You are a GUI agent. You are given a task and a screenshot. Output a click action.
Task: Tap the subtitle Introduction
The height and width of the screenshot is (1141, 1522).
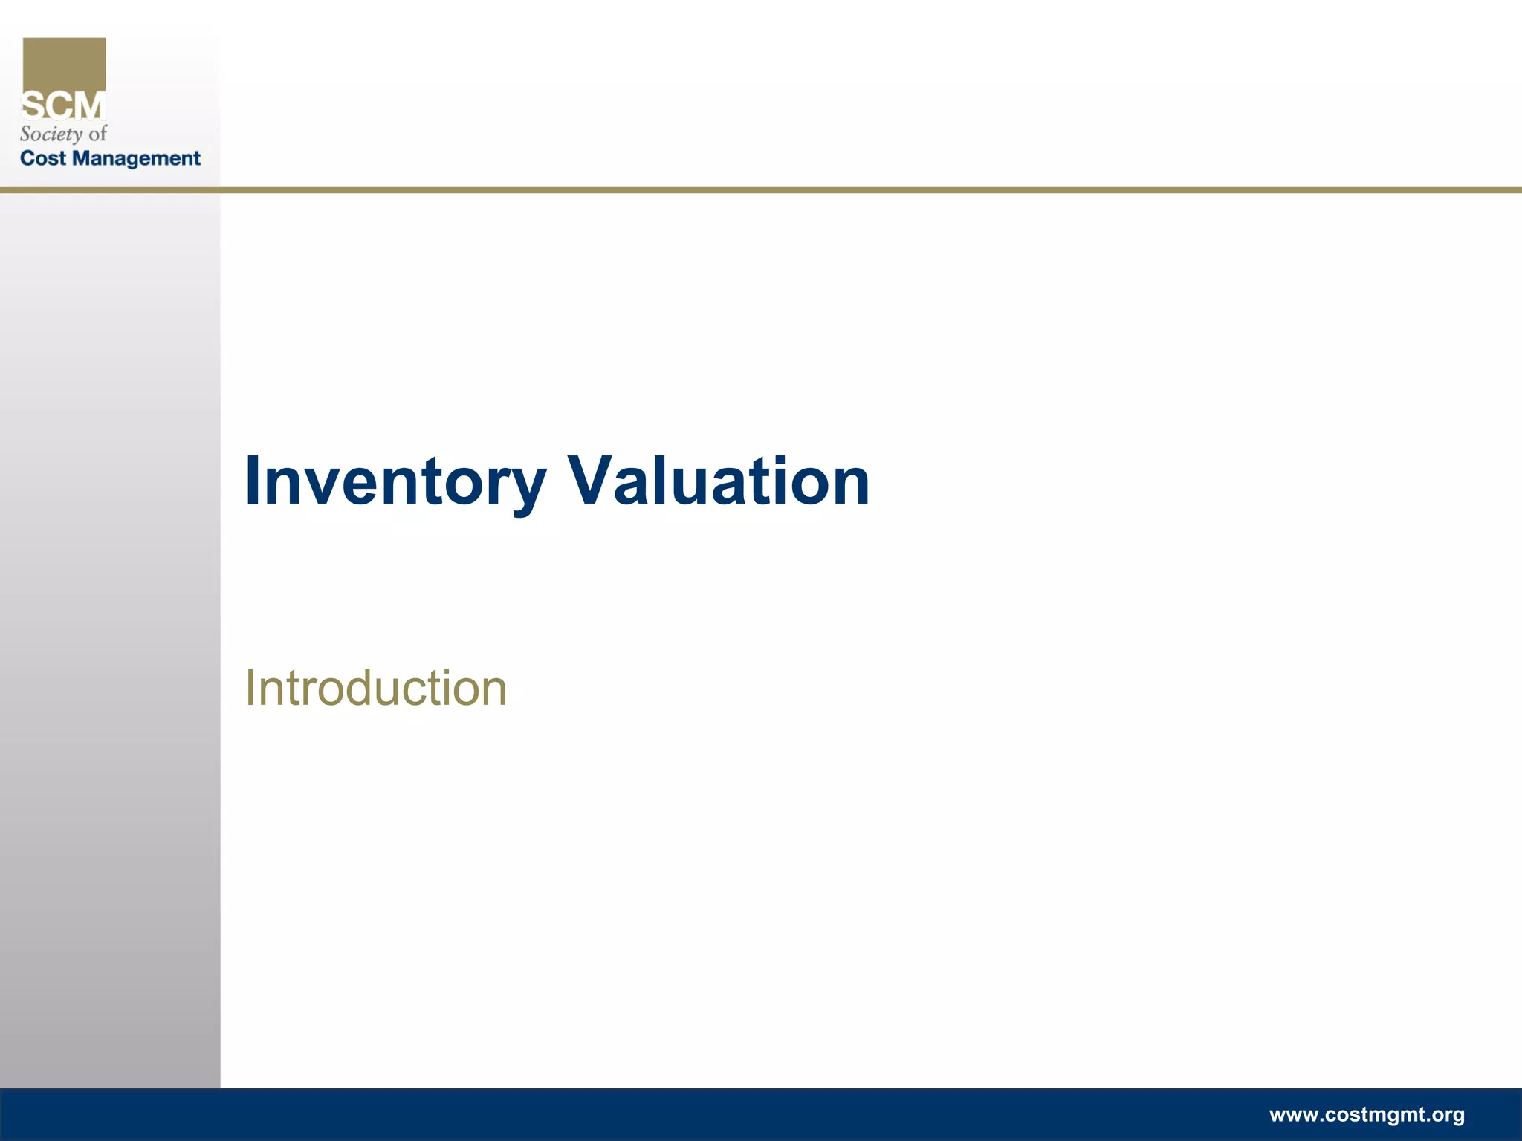[x=376, y=688]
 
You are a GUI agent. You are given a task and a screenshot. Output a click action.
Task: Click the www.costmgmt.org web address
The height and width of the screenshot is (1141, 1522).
[x=1367, y=1114]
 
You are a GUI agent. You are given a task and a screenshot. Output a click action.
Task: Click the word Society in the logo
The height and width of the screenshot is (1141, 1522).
[x=51, y=134]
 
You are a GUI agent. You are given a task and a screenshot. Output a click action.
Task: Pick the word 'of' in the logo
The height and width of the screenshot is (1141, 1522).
[x=98, y=134]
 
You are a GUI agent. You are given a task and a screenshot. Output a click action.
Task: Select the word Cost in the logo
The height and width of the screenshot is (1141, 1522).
[x=43, y=158]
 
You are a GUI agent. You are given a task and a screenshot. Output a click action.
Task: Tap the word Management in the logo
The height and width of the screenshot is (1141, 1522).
[x=137, y=159]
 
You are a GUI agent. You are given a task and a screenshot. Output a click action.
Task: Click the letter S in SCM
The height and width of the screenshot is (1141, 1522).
[x=33, y=106]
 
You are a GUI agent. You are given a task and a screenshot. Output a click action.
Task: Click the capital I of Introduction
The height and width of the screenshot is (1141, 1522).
[x=250, y=688]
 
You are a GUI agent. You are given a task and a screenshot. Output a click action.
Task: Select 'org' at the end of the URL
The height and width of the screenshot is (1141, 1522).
[x=1447, y=1115]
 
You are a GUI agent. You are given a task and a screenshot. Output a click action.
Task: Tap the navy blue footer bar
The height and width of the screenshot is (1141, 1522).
[x=669, y=1114]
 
